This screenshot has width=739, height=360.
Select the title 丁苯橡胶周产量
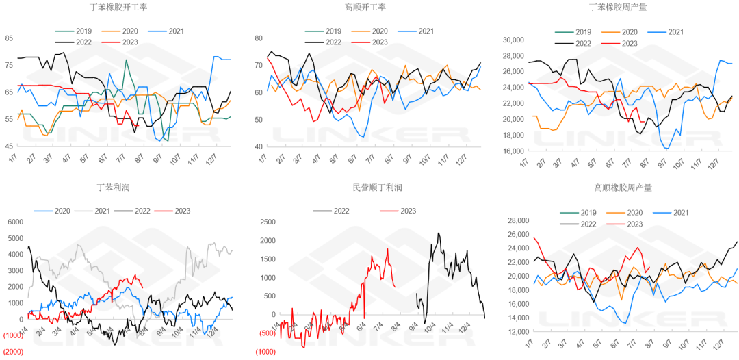619,8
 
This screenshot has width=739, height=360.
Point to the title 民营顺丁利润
374,188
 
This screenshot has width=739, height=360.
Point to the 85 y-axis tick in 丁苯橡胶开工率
9,38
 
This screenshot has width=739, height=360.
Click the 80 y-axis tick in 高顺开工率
259,38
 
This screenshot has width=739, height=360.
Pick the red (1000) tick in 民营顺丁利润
267,351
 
